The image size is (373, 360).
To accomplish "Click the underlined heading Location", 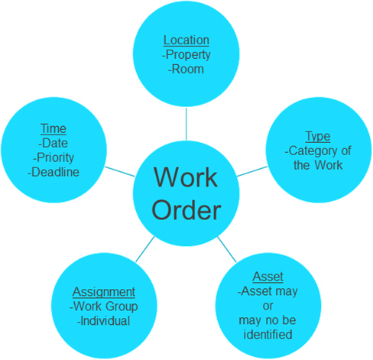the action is tap(186, 41).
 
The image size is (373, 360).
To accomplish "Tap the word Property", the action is tap(188, 55).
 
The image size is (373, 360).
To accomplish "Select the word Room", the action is tap(188, 70).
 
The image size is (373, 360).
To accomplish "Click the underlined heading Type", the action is tap(318, 137).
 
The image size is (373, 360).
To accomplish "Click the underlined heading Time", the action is tap(54, 128).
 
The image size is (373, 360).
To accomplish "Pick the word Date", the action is tap(55, 143).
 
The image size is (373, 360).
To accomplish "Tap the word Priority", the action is tap(55, 158).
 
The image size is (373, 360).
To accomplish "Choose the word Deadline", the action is tap(55, 172).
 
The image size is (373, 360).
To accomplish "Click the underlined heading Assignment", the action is tap(104, 292).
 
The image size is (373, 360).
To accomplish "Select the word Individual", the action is tap(105, 321).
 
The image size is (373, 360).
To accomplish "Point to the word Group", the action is tap(122, 306).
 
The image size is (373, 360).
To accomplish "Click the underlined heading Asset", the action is tap(268, 277).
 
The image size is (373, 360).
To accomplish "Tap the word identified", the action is tap(268, 335).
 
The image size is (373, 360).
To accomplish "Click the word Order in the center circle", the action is tap(186, 211).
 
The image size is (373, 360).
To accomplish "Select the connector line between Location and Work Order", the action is tap(186, 124).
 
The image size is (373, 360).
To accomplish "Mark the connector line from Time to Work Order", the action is tap(120, 171).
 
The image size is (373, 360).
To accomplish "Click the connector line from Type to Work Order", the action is tap(252, 171).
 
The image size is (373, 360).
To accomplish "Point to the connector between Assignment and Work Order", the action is tap(145, 249).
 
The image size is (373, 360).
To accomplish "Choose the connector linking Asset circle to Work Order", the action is tap(227, 249).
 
